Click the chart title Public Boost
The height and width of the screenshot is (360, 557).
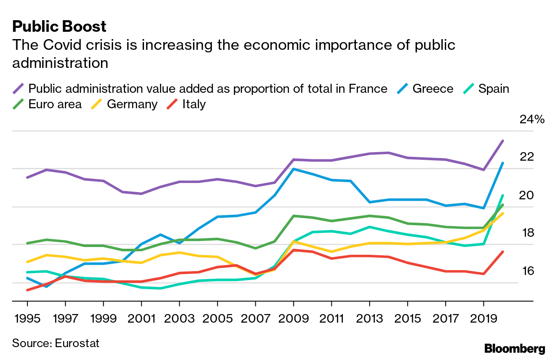(59, 27)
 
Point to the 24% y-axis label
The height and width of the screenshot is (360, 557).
(532, 119)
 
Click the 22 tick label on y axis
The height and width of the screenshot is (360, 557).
(526, 157)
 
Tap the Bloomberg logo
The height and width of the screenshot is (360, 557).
(514, 348)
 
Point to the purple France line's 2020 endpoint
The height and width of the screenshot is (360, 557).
(503, 141)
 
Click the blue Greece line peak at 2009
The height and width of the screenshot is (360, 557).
(293, 169)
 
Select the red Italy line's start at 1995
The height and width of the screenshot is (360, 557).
(28, 290)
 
